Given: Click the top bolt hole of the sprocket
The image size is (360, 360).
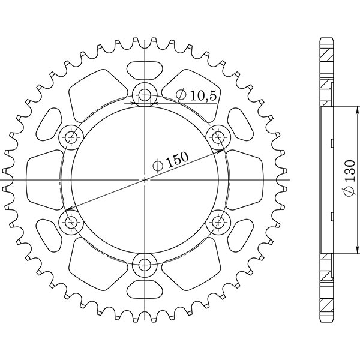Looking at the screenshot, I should tap(145, 94).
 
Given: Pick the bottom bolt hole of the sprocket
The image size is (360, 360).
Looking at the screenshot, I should tap(145, 265).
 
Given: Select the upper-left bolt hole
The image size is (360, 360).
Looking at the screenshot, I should tap(71, 137).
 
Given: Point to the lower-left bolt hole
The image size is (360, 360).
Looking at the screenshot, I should tap(71, 223).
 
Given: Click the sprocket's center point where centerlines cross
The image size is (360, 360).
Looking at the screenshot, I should tap(145, 179).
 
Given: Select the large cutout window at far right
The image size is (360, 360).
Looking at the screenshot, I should tap(244, 179).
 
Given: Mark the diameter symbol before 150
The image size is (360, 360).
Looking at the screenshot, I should tap(157, 166).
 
